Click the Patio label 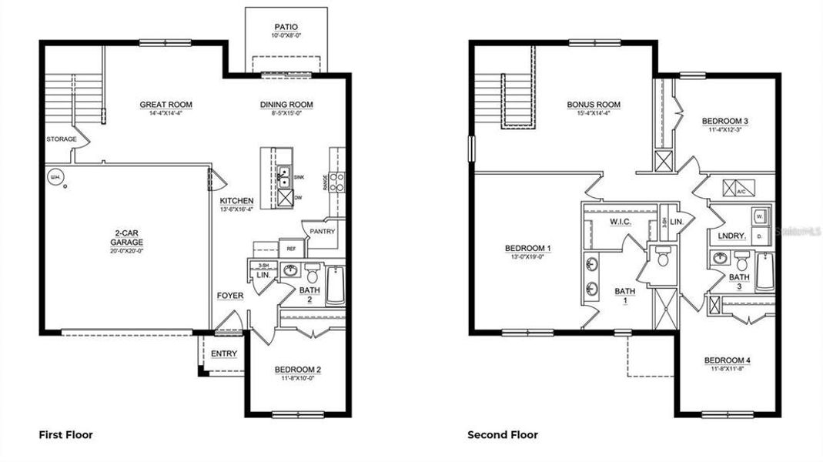point(286,27)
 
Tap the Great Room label point(166,105)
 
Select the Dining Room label point(286,105)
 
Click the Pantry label point(322,231)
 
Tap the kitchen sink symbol point(283,177)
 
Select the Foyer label point(229,296)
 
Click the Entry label point(223,353)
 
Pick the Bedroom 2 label point(297,370)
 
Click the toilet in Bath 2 point(313,273)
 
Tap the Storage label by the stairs point(61,139)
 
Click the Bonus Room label point(594,105)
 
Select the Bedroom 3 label point(724,121)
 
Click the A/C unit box point(741,190)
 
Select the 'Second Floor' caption point(503,435)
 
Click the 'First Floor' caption point(65,435)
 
